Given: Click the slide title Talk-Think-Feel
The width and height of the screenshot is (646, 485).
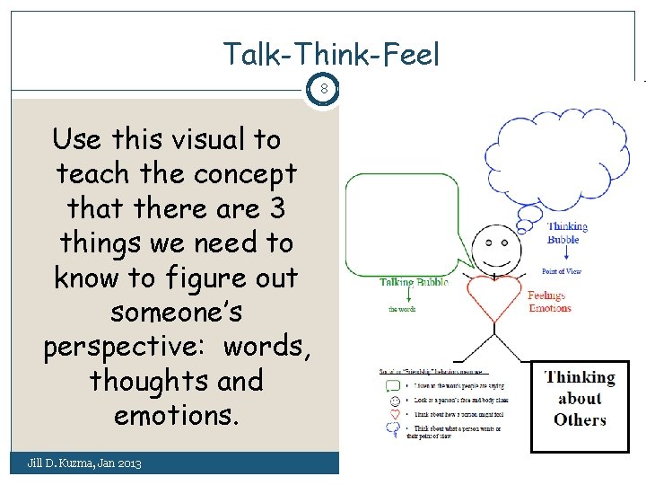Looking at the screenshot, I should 332,56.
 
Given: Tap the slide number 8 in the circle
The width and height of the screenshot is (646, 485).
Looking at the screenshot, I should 324,90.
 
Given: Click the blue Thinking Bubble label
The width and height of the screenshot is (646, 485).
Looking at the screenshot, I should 567,234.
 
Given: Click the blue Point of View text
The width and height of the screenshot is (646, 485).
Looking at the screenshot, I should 561,271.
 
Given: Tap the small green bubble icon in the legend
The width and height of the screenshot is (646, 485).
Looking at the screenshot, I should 392,386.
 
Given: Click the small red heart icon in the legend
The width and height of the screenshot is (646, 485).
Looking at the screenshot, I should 392,415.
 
